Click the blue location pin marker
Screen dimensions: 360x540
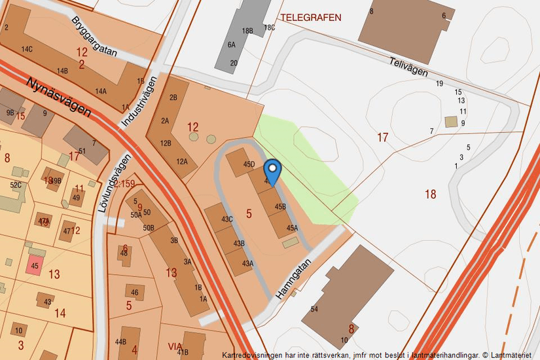point(272,170)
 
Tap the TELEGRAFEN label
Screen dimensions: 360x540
point(311,18)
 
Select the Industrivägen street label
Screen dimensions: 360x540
point(139,102)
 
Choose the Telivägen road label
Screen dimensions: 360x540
point(408,66)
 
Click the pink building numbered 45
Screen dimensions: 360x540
point(35,266)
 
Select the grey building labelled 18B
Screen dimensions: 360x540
point(247,30)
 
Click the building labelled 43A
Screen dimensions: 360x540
point(245,263)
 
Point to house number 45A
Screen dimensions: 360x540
point(291,228)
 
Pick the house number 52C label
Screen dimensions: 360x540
point(16,185)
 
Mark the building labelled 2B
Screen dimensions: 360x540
point(173,98)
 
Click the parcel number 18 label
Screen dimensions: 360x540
point(430,194)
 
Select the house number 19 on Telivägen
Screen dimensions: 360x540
point(439,83)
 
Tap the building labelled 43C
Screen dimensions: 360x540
point(227,219)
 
